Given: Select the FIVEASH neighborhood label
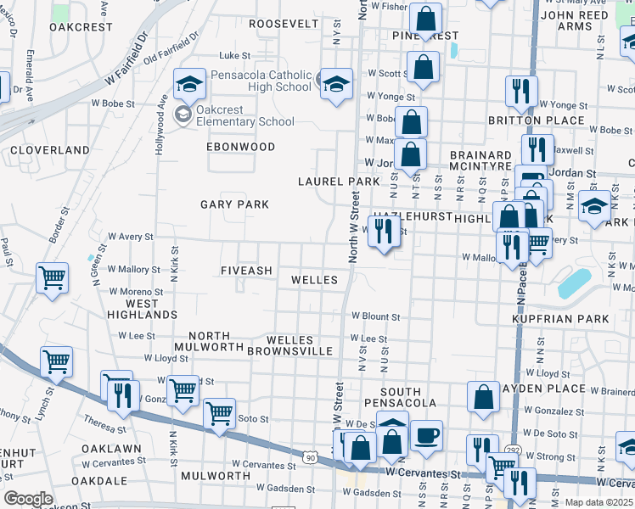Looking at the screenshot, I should point(246,271).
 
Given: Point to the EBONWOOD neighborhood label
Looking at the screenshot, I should point(241,147).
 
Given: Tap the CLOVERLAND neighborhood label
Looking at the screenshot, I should point(50,150).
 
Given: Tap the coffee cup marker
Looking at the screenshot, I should point(426,434).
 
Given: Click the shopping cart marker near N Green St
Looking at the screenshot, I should point(53,277).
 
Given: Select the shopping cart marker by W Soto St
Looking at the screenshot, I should point(220,413).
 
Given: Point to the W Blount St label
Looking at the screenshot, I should point(375,316).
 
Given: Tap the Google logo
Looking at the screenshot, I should point(28,499).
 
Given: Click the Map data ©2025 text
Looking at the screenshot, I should point(599,502).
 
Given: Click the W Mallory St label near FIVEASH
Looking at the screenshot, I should point(133,269).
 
